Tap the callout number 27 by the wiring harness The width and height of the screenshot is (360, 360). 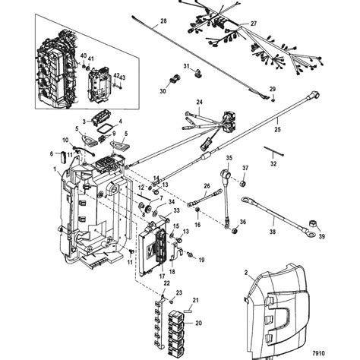(275, 24)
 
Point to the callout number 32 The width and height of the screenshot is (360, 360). (273, 163)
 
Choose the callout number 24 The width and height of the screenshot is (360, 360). (200, 103)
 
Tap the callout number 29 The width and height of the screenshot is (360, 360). (273, 90)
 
